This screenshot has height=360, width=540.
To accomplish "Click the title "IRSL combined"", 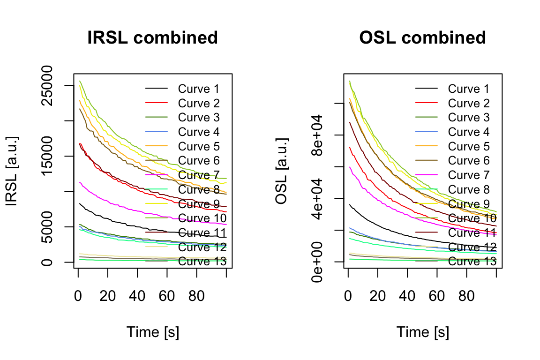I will [153, 38].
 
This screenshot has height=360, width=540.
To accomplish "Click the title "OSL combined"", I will [422, 38].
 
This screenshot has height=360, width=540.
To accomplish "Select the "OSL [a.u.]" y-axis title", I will [281, 171].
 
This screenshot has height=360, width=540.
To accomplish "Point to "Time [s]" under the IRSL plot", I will [153, 332].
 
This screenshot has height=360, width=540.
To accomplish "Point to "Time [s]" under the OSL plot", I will [423, 332].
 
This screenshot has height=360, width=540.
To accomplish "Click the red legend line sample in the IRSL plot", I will [156, 103].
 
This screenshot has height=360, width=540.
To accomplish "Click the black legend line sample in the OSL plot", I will [426, 88].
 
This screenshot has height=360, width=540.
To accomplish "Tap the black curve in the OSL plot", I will [375, 223].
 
